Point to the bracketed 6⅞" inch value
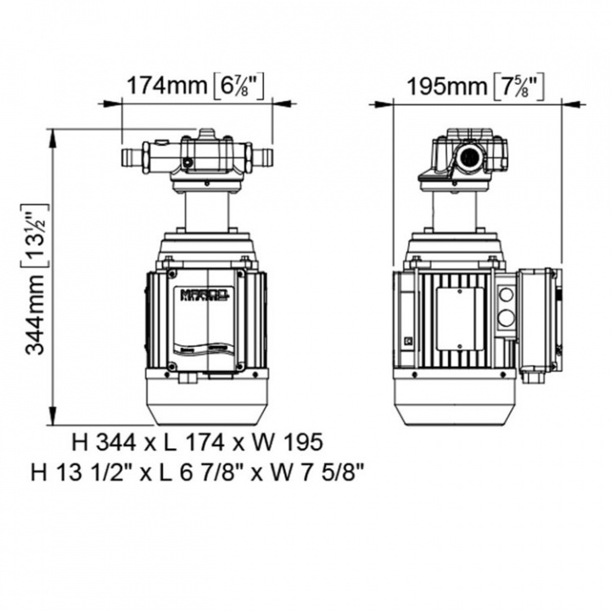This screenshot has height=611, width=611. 239,86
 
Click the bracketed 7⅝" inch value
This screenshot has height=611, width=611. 519,86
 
